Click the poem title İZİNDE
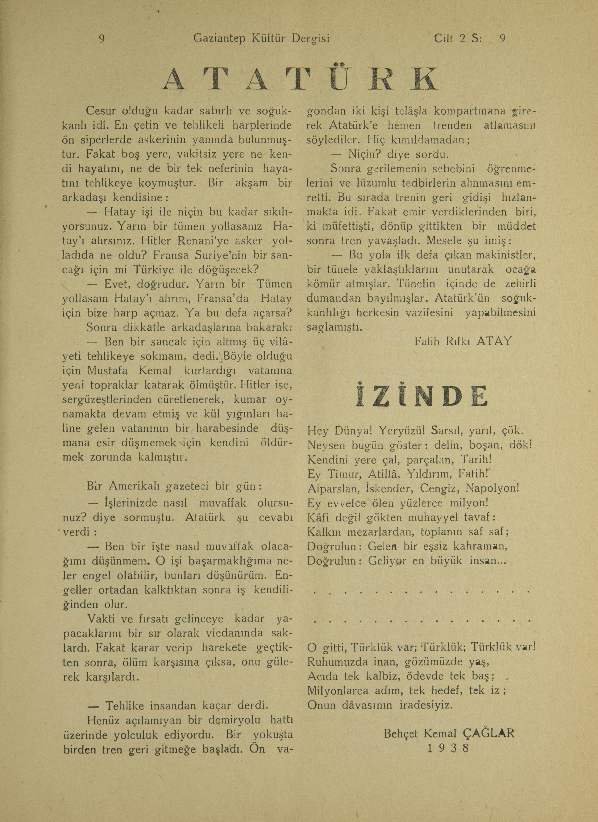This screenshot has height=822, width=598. coord(422,395)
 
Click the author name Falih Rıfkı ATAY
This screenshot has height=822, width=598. coord(463,341)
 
